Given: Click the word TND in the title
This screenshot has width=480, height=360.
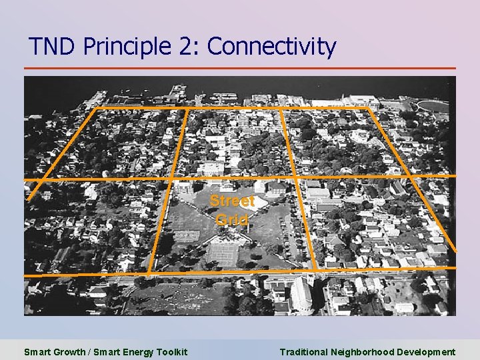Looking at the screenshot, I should coord(53,47).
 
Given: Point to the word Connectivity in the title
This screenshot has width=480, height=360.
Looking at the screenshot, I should coord(271,47).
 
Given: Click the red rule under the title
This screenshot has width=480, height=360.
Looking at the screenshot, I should coord(240,68).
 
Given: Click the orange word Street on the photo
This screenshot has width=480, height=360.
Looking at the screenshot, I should coord(232,201).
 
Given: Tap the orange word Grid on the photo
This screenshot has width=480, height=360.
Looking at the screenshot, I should coord(232,219).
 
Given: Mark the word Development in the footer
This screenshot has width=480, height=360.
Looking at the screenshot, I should coord(426,352).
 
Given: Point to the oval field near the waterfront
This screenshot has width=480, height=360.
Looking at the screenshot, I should coord(434,105).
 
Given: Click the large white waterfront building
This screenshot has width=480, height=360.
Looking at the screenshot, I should coord(361,101).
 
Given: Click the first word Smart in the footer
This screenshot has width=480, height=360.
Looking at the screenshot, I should coord(37,352).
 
